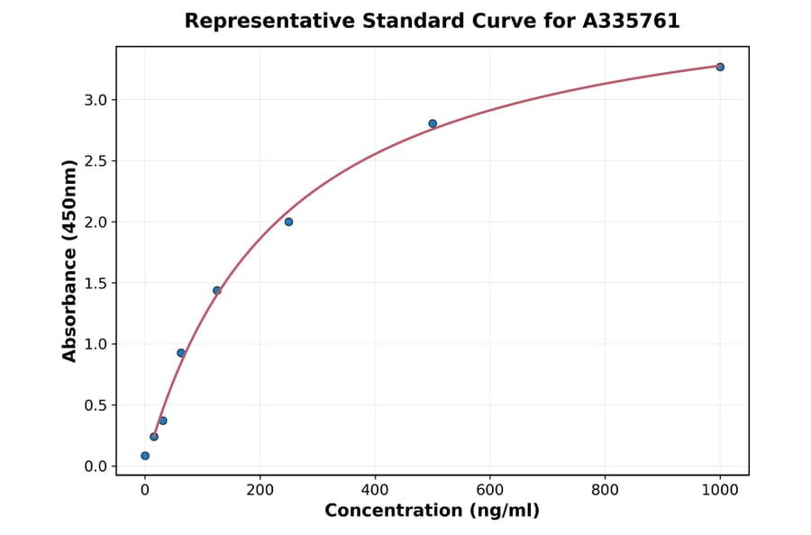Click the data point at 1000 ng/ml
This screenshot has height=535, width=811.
point(720,67)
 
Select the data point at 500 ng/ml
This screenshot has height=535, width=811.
point(433,123)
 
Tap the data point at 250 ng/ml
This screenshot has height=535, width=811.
point(288,222)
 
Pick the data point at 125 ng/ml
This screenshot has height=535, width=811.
point(217,290)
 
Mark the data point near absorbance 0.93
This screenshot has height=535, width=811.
point(181,353)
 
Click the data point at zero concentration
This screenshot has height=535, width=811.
point(145,456)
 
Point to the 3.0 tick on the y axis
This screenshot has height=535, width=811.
point(96,100)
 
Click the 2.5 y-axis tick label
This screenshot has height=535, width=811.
point(96,161)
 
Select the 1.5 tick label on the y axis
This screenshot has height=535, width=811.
point(96,284)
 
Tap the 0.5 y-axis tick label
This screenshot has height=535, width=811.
point(96,405)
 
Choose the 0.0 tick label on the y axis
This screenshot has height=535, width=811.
point(96,467)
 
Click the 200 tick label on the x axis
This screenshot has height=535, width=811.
point(260,491)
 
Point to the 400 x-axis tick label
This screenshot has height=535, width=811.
point(375,491)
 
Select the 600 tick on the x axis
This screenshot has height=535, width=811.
point(490,491)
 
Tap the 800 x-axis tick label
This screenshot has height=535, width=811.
point(605,491)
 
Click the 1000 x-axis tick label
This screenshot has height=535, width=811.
point(720,491)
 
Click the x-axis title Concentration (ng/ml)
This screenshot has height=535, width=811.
point(432,512)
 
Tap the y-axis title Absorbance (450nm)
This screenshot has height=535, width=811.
point(70,260)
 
